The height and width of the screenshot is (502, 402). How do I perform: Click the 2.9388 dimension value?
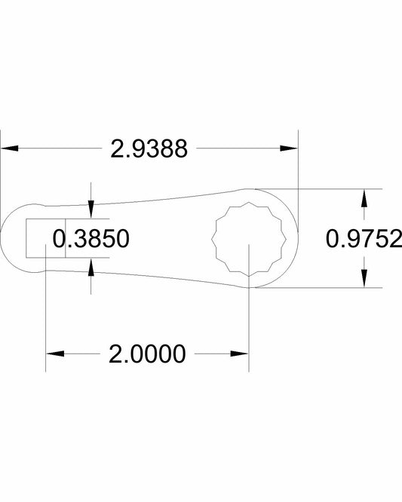click(149, 148)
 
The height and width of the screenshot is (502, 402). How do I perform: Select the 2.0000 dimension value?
click(147, 354)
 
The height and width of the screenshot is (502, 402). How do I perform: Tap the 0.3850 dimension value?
click(91, 238)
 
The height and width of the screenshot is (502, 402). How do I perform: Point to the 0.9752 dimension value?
click(364, 238)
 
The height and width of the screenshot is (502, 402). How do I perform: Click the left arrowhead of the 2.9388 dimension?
click(9, 148)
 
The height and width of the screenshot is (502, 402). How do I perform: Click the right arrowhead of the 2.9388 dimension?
click(289, 148)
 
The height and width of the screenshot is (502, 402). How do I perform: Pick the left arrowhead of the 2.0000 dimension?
click(55, 354)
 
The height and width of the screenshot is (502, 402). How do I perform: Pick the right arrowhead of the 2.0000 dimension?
click(240, 354)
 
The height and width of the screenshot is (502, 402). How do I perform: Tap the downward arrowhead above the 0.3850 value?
click(91, 210)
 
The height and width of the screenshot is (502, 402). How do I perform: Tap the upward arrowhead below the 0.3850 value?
click(91, 267)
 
